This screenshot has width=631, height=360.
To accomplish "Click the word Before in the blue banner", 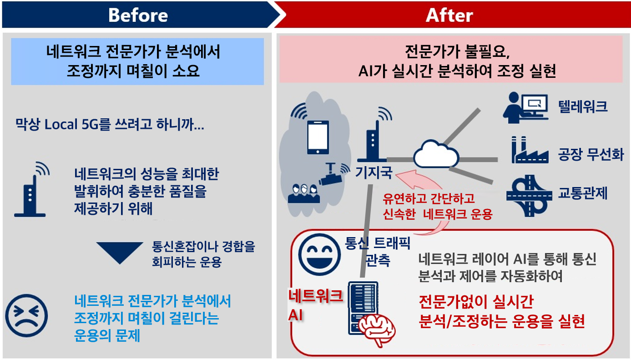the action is coord(138,15).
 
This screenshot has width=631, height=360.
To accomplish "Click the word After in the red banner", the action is coord(449,15).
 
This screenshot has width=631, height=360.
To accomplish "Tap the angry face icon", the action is coord(27,316).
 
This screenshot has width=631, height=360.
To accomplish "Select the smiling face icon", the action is coord(319,254).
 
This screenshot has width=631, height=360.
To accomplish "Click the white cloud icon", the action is coord(436,154).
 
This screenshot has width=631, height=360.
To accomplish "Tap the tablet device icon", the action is coord(318,137).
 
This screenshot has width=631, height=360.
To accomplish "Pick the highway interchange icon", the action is coord(529,196).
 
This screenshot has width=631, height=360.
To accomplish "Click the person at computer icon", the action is coord(525,108).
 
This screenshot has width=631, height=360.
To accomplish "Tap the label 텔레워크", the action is coord(582,106).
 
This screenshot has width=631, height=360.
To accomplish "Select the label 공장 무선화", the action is coord(591,154).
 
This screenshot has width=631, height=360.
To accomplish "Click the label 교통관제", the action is coord(582,193).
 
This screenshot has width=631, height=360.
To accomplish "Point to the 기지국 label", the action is coord(374,172).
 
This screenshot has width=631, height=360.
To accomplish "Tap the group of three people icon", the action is coord(303,193).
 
